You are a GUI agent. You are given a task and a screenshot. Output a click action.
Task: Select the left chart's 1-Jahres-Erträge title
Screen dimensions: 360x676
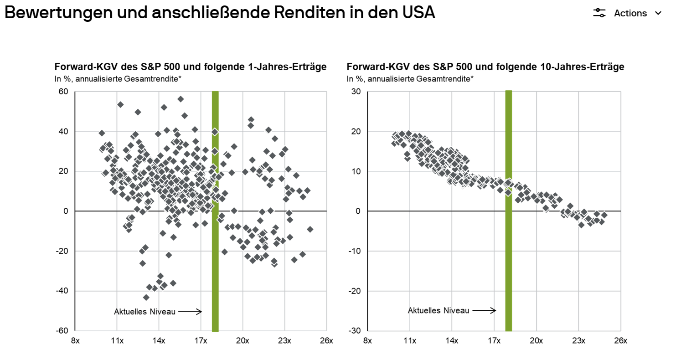(x=191, y=67)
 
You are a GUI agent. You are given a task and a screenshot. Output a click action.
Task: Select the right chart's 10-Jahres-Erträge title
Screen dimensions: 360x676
(x=485, y=67)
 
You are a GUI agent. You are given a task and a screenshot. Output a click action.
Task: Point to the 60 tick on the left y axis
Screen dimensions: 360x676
(x=63, y=92)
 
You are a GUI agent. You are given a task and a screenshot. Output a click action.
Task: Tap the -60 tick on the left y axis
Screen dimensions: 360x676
(x=61, y=330)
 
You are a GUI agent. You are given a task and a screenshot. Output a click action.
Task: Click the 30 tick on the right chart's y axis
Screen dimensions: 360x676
(x=356, y=92)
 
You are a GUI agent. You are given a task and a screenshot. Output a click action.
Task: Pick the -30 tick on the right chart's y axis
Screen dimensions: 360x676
(x=354, y=330)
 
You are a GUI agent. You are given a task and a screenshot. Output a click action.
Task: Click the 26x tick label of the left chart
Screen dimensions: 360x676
(x=326, y=340)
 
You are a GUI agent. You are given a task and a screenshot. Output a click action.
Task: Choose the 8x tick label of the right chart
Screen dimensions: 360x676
(x=367, y=340)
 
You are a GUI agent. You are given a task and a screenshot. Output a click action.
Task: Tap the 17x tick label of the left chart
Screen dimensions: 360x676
(x=201, y=340)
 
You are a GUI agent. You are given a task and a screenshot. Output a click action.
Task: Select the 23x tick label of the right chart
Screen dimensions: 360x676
(x=578, y=340)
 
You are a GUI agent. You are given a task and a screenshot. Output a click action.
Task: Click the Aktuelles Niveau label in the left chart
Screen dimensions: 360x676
(x=144, y=312)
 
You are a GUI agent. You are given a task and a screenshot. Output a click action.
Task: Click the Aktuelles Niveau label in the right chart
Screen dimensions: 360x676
(x=438, y=310)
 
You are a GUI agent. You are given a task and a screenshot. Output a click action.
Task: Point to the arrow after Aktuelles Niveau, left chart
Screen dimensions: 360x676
(x=190, y=312)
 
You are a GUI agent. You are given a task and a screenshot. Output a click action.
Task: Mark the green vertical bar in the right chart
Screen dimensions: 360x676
(x=509, y=251)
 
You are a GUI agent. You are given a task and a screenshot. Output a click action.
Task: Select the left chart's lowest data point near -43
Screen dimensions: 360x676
(x=146, y=297)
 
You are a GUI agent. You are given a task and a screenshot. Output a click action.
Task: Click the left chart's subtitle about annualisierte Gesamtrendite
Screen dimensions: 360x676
(x=118, y=79)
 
